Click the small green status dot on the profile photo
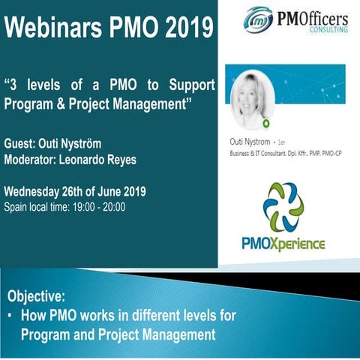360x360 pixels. [x=266, y=122]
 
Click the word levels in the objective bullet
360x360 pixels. [x=185, y=316]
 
